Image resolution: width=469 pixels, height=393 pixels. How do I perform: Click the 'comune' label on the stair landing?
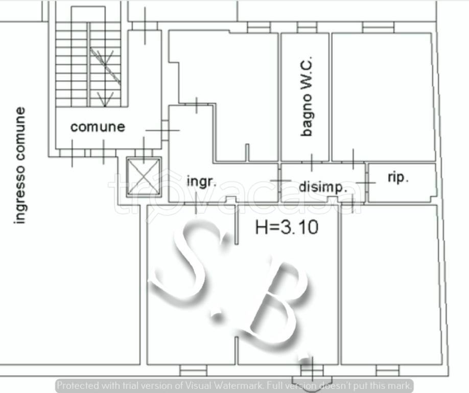coord(98,127)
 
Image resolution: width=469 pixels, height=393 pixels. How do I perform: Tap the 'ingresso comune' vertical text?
coord(20,165)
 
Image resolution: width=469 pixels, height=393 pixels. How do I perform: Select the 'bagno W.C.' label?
coord(307,96)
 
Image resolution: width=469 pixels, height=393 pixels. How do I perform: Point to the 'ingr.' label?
coord(201,182)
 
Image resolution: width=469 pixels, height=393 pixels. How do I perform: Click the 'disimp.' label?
coord(323,187)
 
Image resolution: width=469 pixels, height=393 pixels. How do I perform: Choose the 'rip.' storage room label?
coord(398,178)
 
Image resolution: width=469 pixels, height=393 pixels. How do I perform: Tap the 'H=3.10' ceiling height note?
coord(287,227)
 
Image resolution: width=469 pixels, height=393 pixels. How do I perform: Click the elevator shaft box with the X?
coord(144,177)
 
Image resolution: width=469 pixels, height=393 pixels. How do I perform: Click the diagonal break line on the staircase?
coord(105,66)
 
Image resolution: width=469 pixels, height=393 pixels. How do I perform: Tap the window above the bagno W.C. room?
coord(307,28)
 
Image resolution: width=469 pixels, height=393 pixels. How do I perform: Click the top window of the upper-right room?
coord(378,28)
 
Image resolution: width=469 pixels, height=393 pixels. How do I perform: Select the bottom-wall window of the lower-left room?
coord(193,370)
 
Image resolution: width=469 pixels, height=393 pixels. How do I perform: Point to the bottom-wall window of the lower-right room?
coord(387,370)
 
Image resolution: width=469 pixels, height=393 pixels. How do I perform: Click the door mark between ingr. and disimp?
coord(280,181)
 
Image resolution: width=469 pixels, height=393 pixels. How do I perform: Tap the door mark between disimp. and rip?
coord(365,182)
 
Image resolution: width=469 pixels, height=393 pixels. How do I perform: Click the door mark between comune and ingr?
coord(163,130)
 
